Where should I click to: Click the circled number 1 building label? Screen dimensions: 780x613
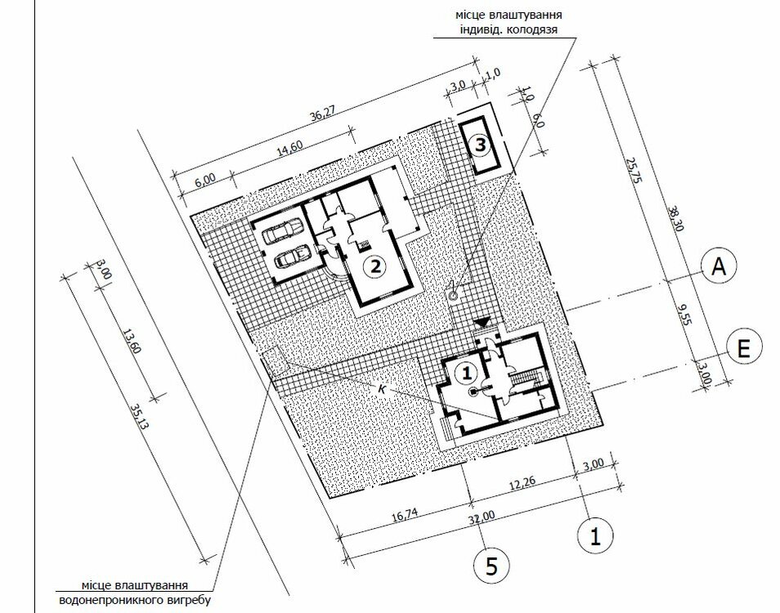[466, 373]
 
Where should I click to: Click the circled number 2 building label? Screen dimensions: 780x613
[374, 266]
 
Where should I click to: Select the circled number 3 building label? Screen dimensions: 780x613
[481, 145]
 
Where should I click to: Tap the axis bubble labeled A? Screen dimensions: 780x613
[719, 267]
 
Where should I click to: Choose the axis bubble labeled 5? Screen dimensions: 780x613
[491, 566]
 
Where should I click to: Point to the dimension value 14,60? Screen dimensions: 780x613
[289, 148]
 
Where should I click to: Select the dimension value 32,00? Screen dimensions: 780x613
[482, 518]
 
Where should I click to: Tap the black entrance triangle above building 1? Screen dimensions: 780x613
[482, 323]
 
